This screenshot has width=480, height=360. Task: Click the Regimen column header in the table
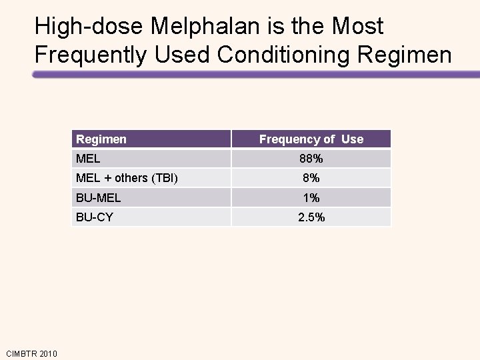pos(101,139)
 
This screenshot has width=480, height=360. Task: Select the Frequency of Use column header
pos(311,139)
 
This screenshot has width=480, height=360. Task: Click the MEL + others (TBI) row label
pos(127,178)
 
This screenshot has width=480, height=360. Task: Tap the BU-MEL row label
pos(99,198)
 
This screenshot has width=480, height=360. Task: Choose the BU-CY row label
pos(95,217)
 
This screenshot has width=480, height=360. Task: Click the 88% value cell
pos(311,159)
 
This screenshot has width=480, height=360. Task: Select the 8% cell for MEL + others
pos(311,178)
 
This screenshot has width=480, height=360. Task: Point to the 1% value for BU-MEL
pos(311,198)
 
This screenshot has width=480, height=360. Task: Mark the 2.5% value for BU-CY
pos(311,217)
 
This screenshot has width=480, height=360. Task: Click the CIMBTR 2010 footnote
pos(31,353)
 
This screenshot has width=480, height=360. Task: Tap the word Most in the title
pos(358,27)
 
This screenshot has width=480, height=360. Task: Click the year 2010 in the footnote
pos(47,353)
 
